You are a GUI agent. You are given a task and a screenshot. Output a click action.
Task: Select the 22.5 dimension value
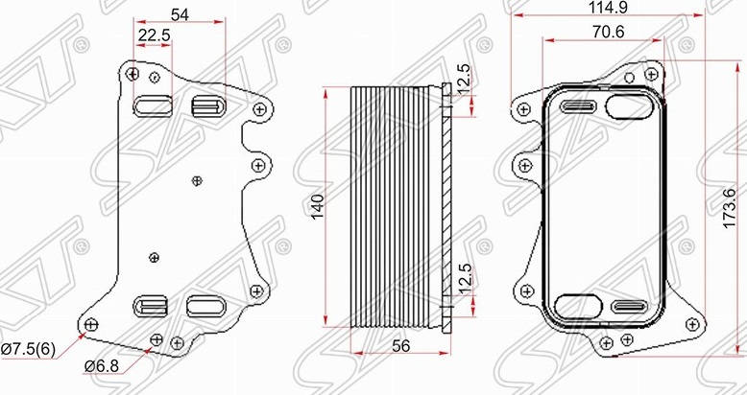pos(154,35)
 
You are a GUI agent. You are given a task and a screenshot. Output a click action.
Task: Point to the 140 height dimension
pos(317,208)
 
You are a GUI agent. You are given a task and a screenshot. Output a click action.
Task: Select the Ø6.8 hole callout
pos(103,365)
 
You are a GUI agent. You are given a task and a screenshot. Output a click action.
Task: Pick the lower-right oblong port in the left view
pos(205,306)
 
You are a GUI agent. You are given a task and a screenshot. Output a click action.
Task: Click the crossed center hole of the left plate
pos(197,178)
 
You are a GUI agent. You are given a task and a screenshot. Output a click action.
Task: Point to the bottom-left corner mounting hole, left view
pos(90,325)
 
